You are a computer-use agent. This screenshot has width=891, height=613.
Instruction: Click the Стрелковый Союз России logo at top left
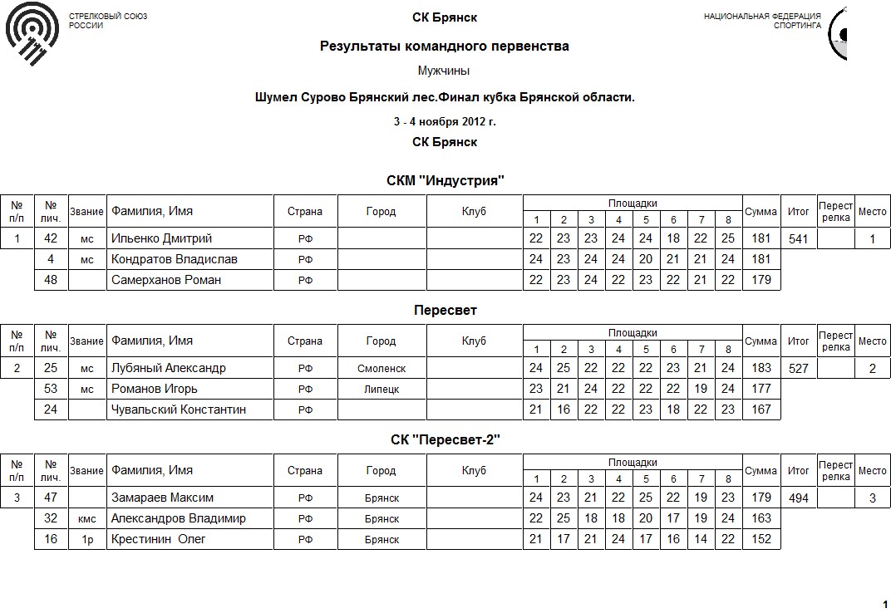click(x=32, y=33)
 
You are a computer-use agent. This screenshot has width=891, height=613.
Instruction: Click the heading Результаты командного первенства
click(x=445, y=47)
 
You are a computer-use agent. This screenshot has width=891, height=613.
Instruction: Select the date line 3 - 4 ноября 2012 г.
click(x=445, y=121)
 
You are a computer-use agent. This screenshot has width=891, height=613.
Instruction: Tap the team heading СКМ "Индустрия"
click(x=445, y=180)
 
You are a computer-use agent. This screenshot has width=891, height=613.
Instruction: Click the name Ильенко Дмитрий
click(x=162, y=238)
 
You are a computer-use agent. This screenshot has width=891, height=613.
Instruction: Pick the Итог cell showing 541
click(x=798, y=238)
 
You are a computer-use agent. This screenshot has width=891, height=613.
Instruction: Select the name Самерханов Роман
click(x=166, y=280)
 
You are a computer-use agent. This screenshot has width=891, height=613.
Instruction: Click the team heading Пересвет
click(x=445, y=310)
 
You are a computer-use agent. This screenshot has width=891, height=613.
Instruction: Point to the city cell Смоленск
click(x=382, y=368)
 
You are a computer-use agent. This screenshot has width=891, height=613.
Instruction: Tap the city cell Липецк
click(x=382, y=389)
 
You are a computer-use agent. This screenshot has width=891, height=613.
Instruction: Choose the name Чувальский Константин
click(x=179, y=409)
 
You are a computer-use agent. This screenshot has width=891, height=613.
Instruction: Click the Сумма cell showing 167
click(x=761, y=409)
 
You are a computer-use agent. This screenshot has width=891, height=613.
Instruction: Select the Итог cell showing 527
click(x=798, y=368)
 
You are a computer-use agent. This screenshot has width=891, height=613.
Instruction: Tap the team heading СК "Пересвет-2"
click(x=445, y=439)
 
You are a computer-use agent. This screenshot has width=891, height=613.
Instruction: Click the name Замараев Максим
click(x=162, y=498)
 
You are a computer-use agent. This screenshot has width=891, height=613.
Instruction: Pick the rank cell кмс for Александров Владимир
click(x=87, y=518)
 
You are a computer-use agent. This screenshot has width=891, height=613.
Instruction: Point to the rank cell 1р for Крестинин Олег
click(x=87, y=539)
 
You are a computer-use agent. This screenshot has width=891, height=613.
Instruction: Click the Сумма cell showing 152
click(x=761, y=539)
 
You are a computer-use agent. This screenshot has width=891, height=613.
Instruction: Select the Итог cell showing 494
click(x=798, y=498)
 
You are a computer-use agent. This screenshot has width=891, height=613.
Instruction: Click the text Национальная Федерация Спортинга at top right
click(x=762, y=21)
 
